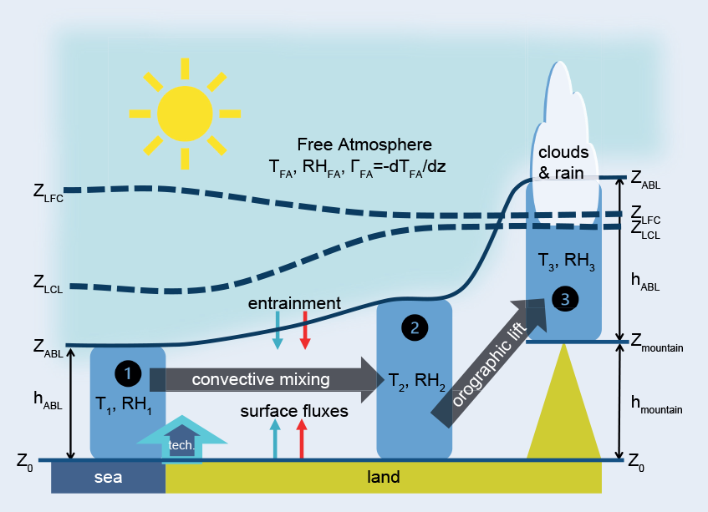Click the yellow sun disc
tap(184, 114)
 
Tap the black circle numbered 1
tap(127, 373)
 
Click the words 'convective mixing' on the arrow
tap(261, 379)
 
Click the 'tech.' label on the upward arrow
tap(181, 445)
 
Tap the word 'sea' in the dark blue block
tap(108, 478)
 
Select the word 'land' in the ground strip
tap(384, 478)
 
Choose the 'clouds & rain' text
tap(563, 163)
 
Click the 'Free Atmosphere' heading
tap(364, 144)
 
